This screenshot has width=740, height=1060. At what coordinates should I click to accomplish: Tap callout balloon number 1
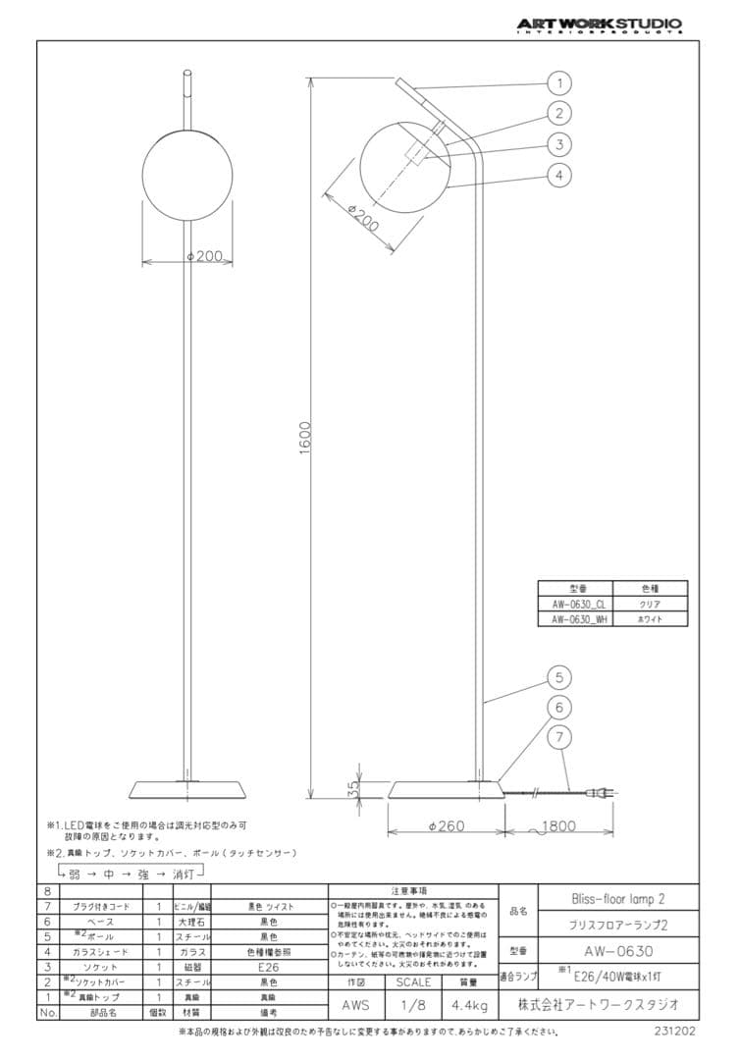point(558,82)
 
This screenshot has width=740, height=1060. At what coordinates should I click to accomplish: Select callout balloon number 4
point(558,176)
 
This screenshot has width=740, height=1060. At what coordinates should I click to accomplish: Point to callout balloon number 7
point(558,736)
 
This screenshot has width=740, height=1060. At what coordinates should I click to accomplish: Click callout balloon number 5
point(558,676)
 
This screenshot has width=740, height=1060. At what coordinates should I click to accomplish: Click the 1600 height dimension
point(305,432)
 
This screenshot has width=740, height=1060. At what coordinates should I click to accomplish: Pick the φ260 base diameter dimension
point(447,826)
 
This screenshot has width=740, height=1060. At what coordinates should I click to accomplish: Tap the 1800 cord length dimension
point(557,826)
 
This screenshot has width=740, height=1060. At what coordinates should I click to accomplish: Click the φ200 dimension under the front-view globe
point(206,257)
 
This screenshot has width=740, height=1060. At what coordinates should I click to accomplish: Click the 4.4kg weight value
point(468,1006)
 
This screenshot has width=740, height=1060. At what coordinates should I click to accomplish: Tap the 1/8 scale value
point(412,1006)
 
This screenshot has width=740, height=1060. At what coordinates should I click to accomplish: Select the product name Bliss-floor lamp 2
point(618,898)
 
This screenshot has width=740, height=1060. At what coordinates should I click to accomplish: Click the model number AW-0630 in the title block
point(618,951)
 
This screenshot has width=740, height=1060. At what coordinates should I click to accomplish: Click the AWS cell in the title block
point(356,1006)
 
